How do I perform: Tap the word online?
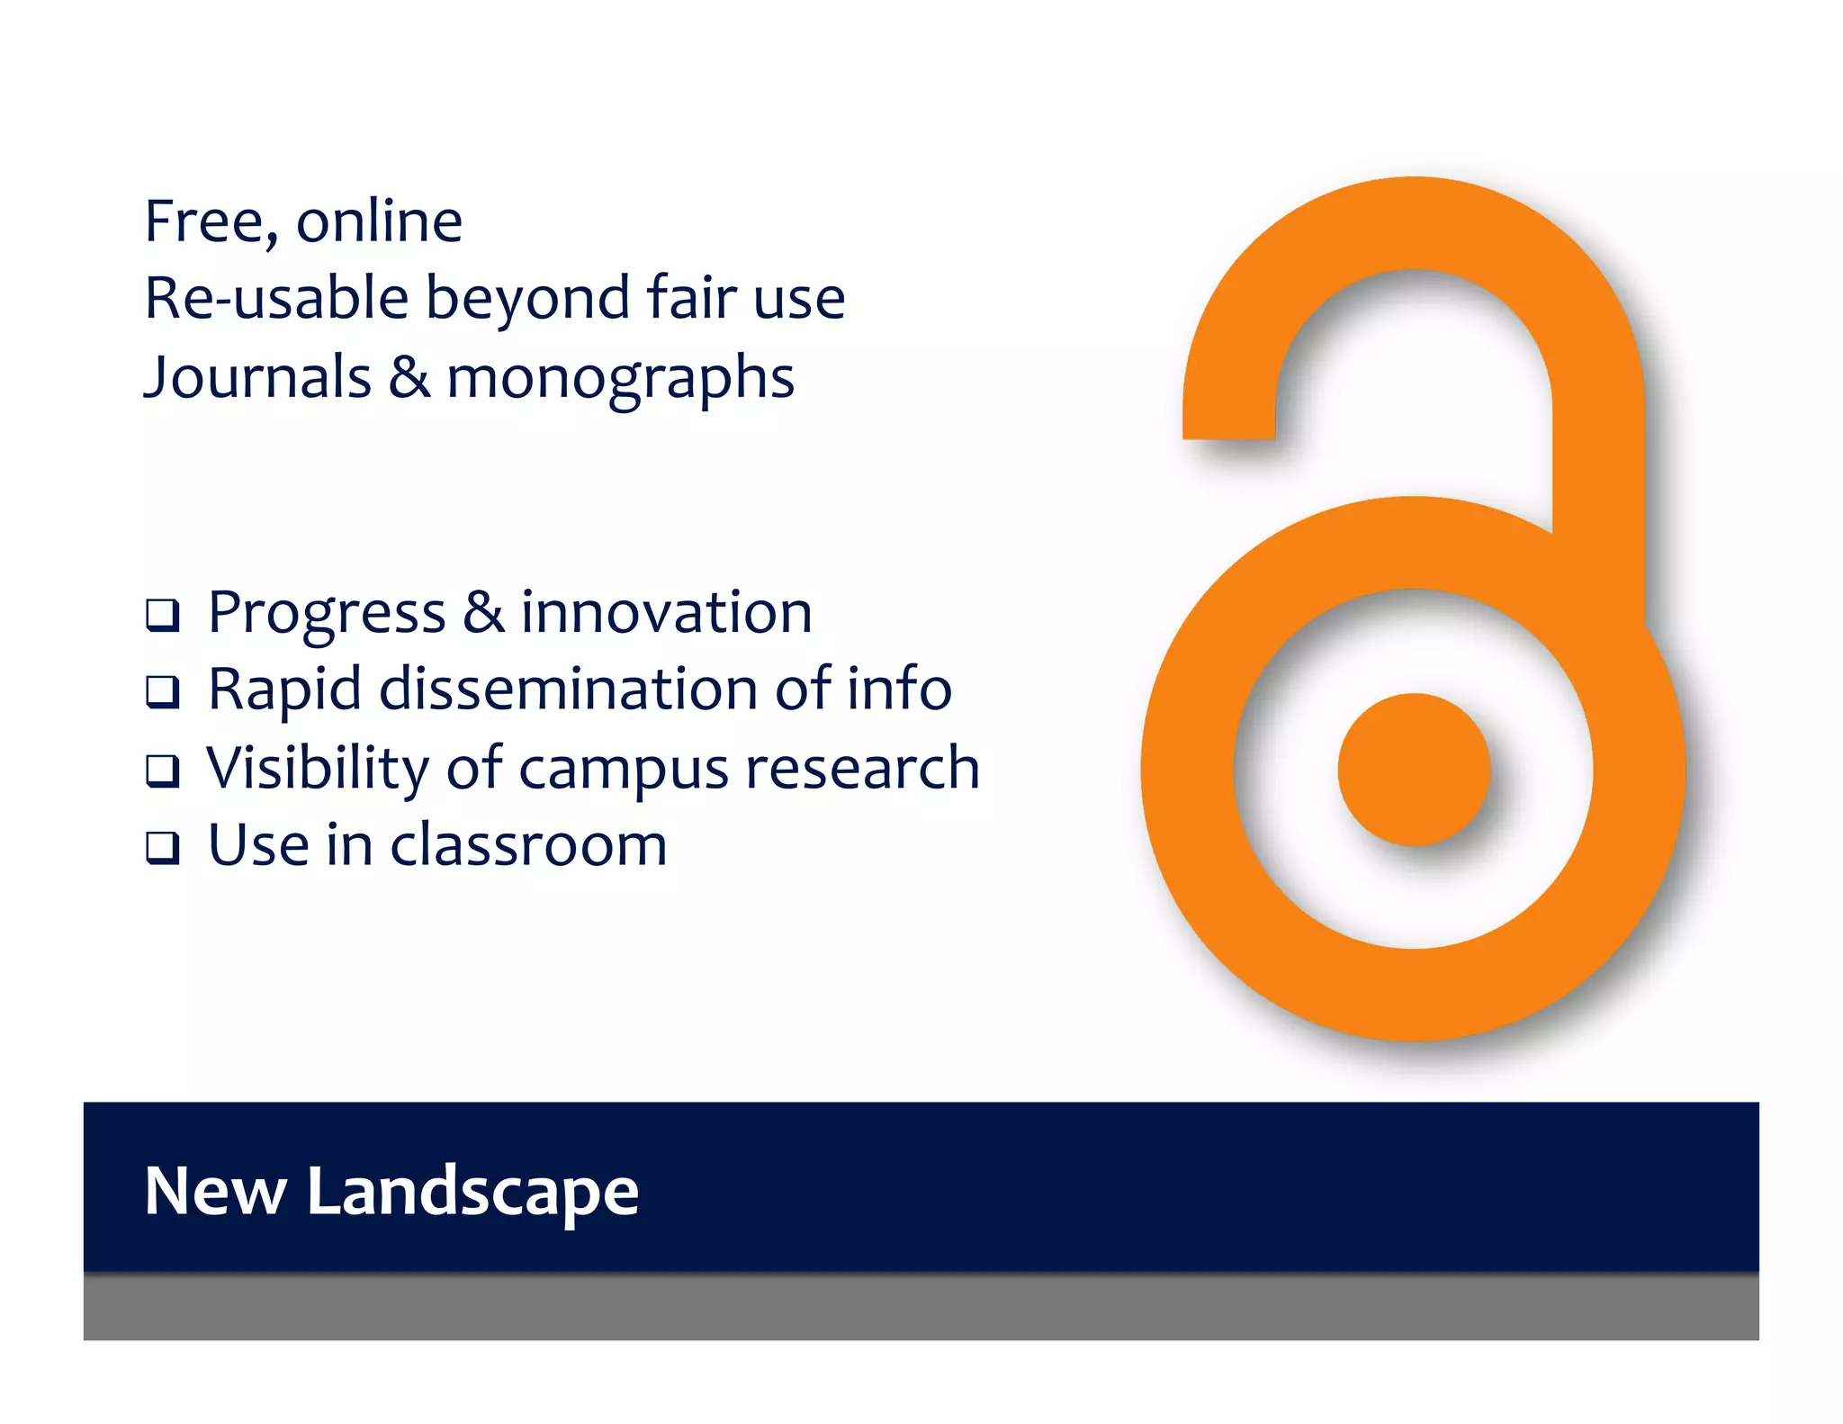click(x=379, y=221)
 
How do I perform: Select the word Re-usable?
click(x=276, y=298)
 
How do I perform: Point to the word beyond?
click(x=527, y=300)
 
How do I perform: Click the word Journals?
click(x=257, y=376)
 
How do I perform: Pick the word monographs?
click(x=620, y=378)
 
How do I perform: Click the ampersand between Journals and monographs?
click(x=409, y=376)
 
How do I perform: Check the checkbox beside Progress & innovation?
click(x=163, y=616)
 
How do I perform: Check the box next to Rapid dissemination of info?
click(x=163, y=692)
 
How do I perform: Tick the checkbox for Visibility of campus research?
click(x=163, y=771)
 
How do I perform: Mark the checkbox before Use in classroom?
click(x=163, y=847)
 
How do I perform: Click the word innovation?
click(x=666, y=613)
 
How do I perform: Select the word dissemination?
click(x=569, y=689)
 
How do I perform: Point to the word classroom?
click(x=528, y=845)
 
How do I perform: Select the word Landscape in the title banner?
click(x=472, y=1192)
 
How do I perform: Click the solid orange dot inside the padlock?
click(x=1413, y=770)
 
